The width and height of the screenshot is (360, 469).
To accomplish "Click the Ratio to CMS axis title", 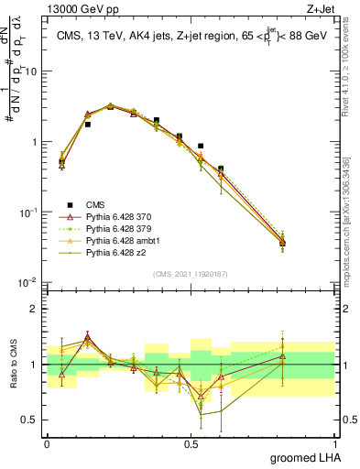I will pyautogui.click(x=13, y=365).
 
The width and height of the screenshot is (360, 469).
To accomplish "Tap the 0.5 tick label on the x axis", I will pyautogui.click(x=191, y=443).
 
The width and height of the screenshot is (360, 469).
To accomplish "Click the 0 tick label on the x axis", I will pyautogui.click(x=47, y=443).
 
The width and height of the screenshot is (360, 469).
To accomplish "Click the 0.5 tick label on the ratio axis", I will pyautogui.click(x=32, y=420).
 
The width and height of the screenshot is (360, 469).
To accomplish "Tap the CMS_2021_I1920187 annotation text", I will pyautogui.click(x=191, y=273).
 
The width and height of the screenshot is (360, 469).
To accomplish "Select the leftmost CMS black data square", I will pyautogui.click(x=61, y=162).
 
